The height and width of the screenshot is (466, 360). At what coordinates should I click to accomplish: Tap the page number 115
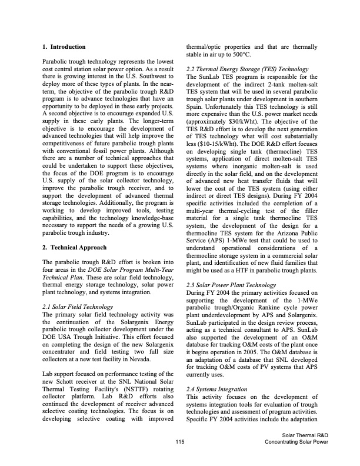coord(180,442)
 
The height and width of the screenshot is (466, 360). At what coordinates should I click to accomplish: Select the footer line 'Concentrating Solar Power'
coord(296,442)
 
